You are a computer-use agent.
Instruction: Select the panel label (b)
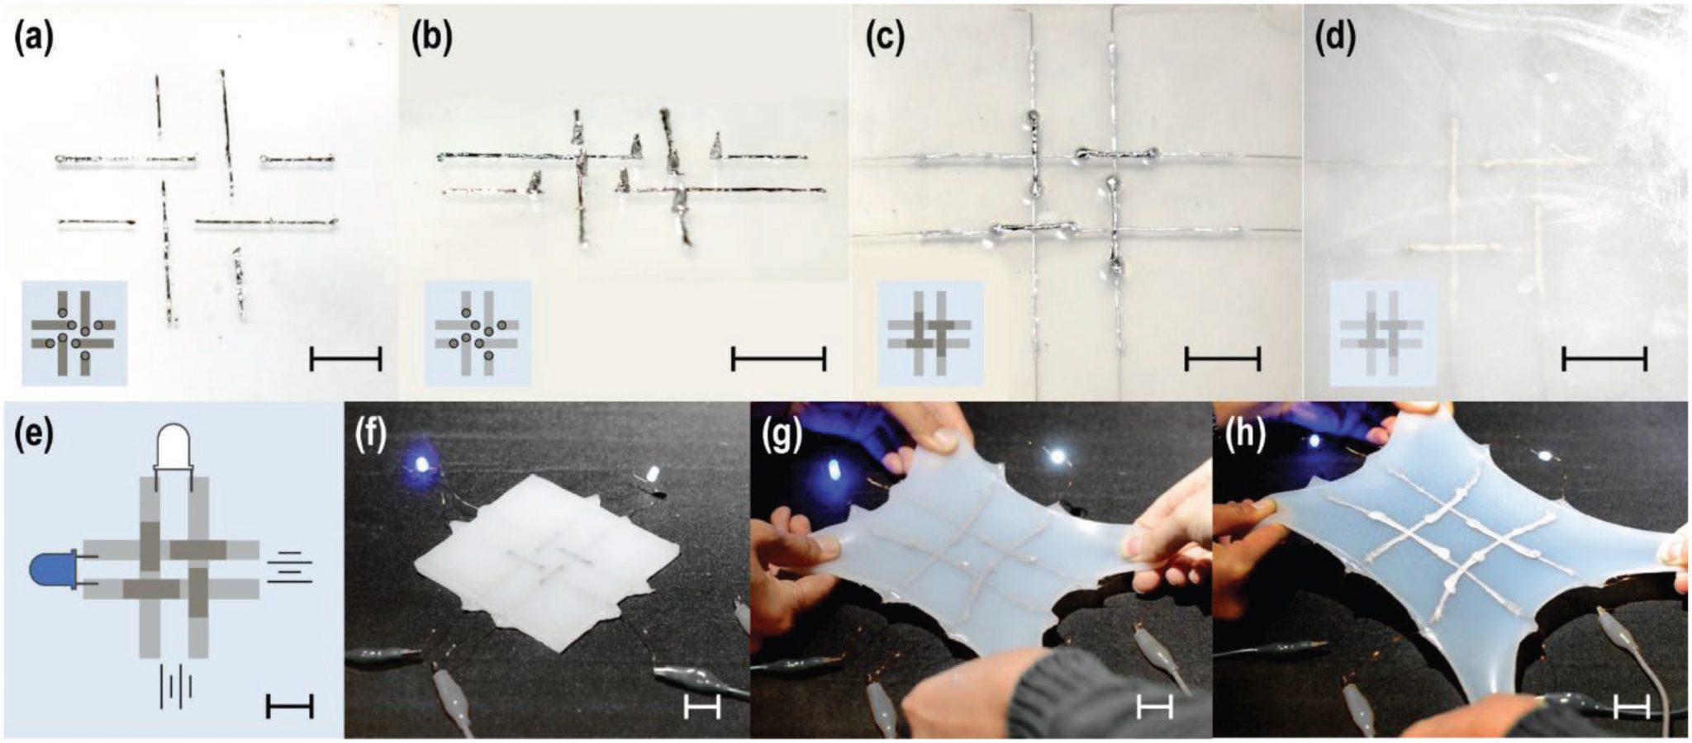pyautogui.click(x=432, y=39)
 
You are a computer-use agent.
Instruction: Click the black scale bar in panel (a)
pyautogui.click(x=345, y=359)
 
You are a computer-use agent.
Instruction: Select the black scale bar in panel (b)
pyautogui.click(x=778, y=359)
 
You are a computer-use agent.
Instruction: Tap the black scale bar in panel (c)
pyautogui.click(x=1223, y=359)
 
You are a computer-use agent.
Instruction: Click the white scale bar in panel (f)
pyautogui.click(x=702, y=707)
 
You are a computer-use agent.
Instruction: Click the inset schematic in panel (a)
pyautogui.click(x=74, y=333)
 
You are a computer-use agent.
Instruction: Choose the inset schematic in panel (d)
pyautogui.click(x=1381, y=333)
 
